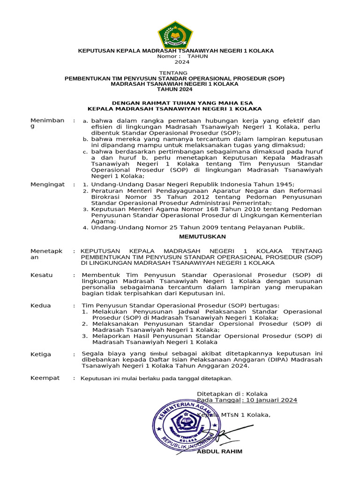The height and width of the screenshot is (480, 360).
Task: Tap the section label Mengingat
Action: coord(47,185)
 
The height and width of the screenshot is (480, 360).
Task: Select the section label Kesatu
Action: coord(42,275)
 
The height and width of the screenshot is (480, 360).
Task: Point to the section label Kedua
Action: coord(41,306)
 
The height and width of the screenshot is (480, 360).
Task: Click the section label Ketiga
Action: coord(41,354)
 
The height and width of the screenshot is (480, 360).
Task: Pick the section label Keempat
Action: coord(45,378)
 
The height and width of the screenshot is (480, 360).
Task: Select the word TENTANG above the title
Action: coord(173,73)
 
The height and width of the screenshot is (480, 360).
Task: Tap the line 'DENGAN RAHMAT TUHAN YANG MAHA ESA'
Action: coord(183,103)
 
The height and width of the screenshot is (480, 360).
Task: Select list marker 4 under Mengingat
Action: coord(85,228)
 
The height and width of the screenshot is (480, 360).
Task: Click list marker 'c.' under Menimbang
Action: coord(85,152)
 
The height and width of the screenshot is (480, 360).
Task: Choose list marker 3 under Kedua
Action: coord(85,336)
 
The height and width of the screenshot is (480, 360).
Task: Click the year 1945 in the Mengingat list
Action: coord(285,185)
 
